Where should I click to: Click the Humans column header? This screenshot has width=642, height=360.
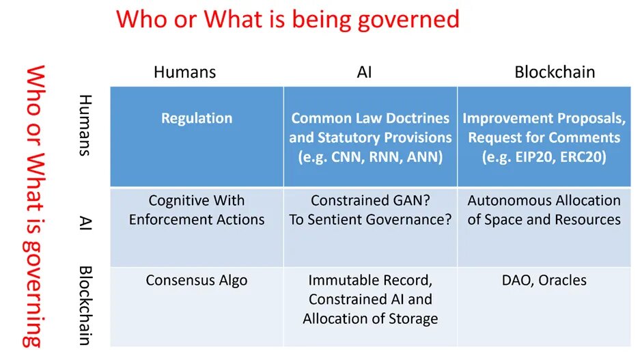click(x=184, y=72)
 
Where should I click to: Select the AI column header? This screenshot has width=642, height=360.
click(x=365, y=72)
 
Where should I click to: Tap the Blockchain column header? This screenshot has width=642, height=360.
click(x=555, y=72)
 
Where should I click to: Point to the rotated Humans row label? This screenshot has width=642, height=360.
click(x=85, y=125)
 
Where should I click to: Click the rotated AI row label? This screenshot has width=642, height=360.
click(x=85, y=223)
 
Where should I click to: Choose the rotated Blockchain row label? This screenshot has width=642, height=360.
click(x=85, y=306)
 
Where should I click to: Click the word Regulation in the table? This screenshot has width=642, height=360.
click(x=197, y=118)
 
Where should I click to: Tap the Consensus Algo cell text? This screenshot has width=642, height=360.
click(x=197, y=281)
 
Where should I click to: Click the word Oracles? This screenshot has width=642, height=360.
click(x=562, y=280)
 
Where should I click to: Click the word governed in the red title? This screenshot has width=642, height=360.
click(x=408, y=20)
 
